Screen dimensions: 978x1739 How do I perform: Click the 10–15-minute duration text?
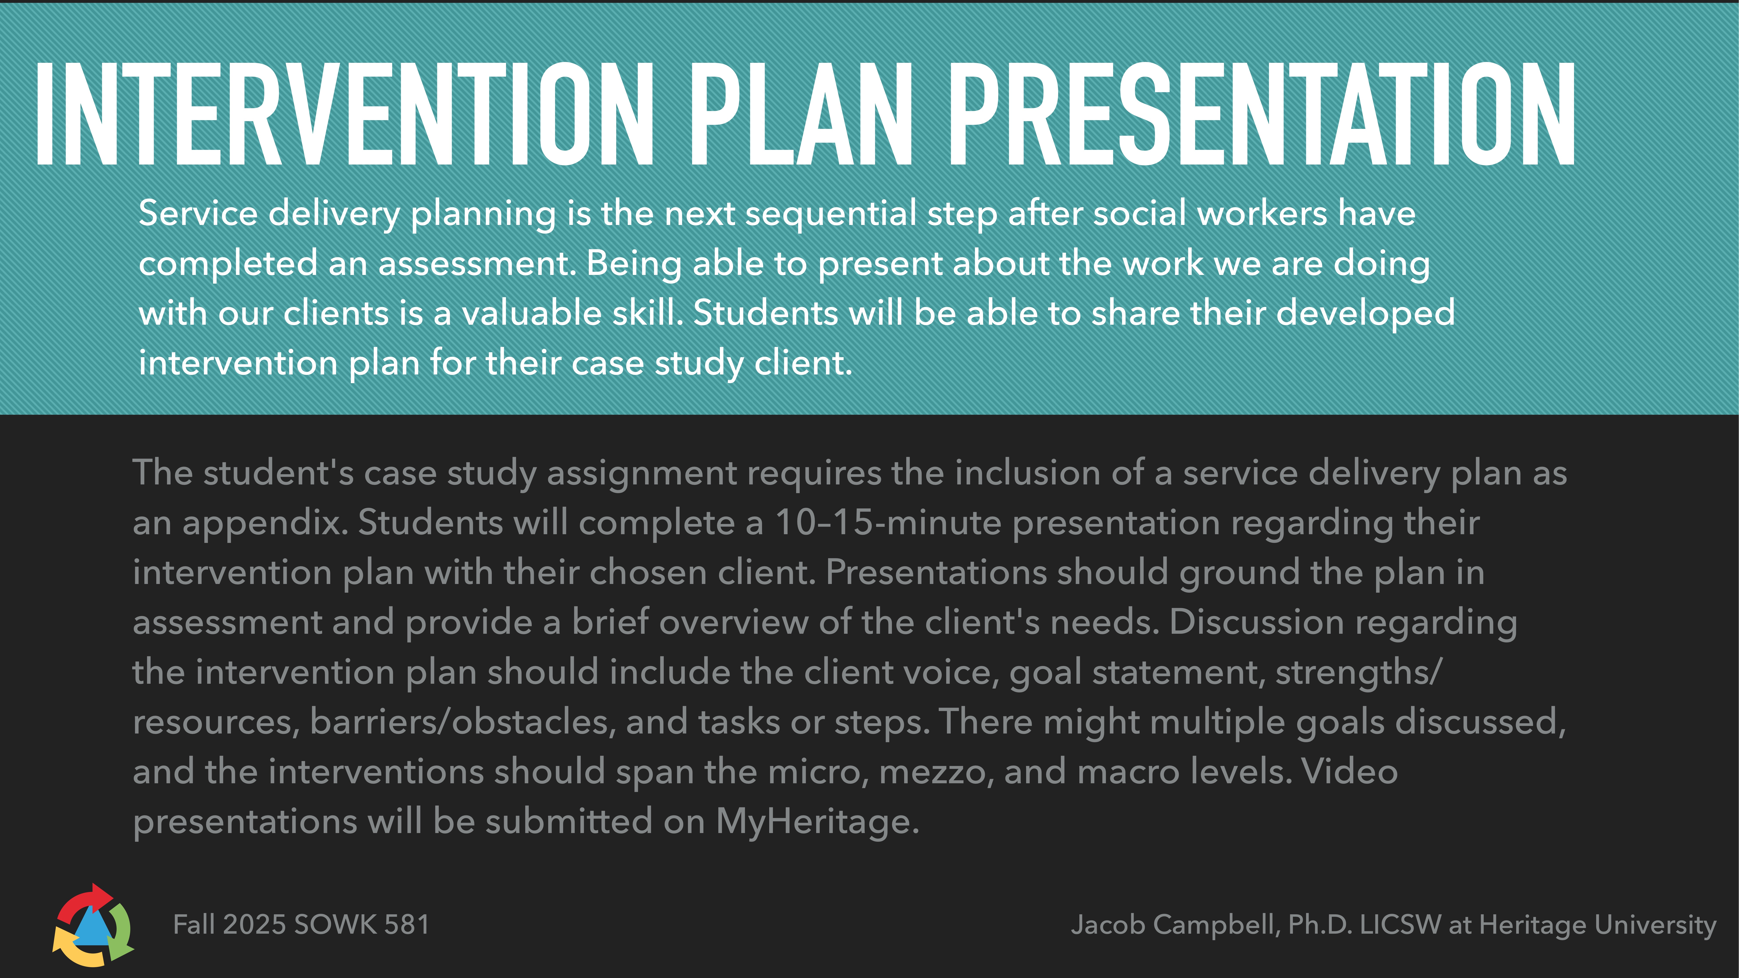888,522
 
